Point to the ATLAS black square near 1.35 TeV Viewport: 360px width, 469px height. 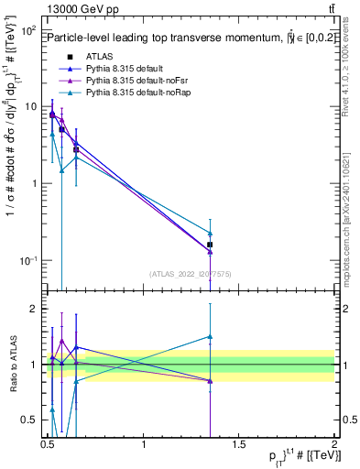[210, 245]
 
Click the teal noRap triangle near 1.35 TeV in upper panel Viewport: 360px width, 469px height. [210, 234]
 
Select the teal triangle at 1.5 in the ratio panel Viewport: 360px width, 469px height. [210, 336]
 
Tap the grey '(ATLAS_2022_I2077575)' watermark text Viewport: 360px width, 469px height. [191, 273]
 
